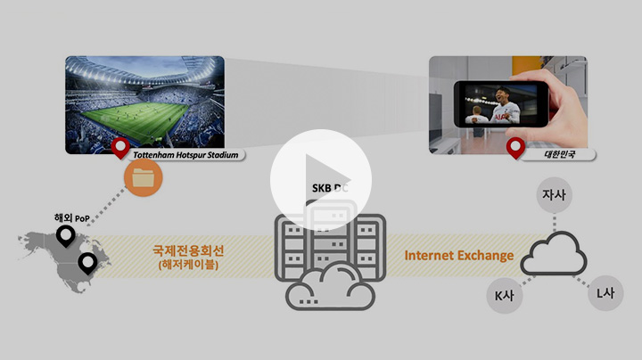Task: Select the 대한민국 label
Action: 559,154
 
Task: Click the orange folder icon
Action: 142,177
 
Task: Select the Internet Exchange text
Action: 459,256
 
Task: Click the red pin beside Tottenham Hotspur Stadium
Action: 119,149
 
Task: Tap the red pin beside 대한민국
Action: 514,148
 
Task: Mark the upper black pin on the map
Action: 65,236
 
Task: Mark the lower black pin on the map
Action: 87,263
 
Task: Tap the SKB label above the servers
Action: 330,188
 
